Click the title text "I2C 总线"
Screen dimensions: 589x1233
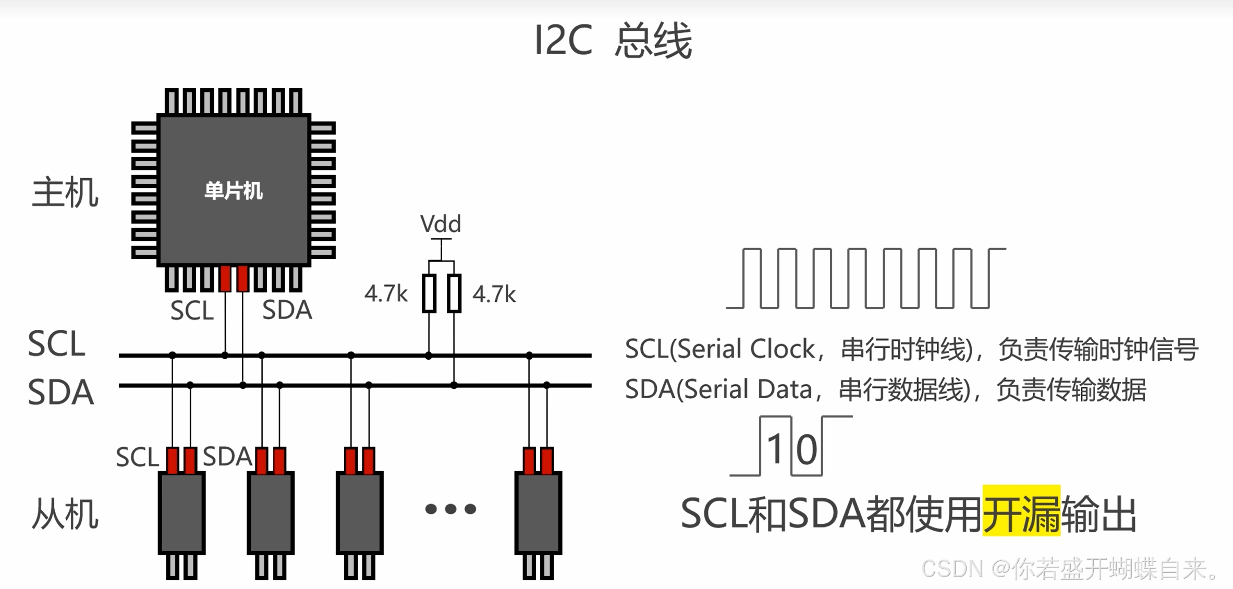pyautogui.click(x=613, y=41)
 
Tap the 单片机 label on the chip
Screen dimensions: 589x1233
pyautogui.click(x=233, y=191)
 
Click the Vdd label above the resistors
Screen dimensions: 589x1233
pyautogui.click(x=441, y=224)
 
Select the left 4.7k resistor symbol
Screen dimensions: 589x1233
pyautogui.click(x=429, y=293)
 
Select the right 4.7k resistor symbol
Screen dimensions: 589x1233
pyautogui.click(x=454, y=293)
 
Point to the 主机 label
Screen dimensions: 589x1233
pyautogui.click(x=65, y=193)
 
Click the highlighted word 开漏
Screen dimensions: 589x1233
pyautogui.click(x=1021, y=513)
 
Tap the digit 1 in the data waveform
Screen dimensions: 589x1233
pyautogui.click(x=775, y=449)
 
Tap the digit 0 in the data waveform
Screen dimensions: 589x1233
pyautogui.click(x=806, y=450)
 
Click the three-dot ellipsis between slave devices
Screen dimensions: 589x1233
pyautogui.click(x=450, y=509)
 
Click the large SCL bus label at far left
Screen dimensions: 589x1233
pyautogui.click(x=56, y=344)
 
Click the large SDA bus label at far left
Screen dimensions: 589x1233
pyautogui.click(x=60, y=392)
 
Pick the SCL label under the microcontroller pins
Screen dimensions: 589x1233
pyautogui.click(x=192, y=311)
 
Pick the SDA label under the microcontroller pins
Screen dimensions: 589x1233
pyautogui.click(x=287, y=310)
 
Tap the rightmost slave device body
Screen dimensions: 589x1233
pyautogui.click(x=538, y=513)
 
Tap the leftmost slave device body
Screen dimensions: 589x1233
pyautogui.click(x=181, y=513)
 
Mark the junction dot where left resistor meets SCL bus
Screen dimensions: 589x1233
pyautogui.click(x=429, y=355)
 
